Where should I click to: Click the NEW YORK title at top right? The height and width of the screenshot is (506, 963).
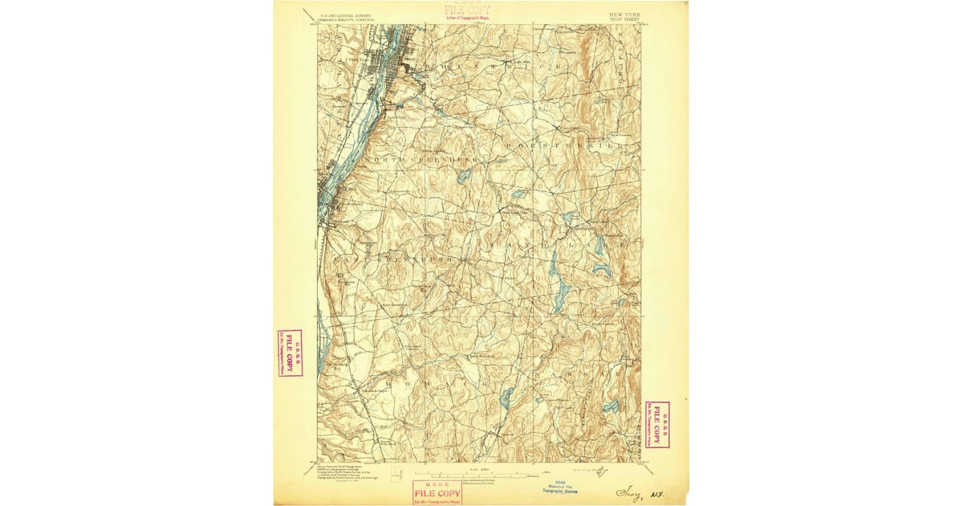tap(624, 14)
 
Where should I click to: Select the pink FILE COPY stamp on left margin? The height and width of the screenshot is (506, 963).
tap(290, 353)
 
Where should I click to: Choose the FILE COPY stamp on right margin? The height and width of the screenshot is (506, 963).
tap(657, 424)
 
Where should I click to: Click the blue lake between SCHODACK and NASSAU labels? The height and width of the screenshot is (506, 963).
tap(506, 397)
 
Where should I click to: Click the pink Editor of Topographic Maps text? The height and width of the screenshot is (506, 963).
tap(468, 17)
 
